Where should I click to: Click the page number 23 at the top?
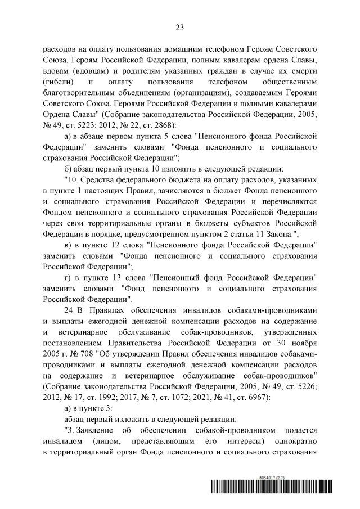180,26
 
